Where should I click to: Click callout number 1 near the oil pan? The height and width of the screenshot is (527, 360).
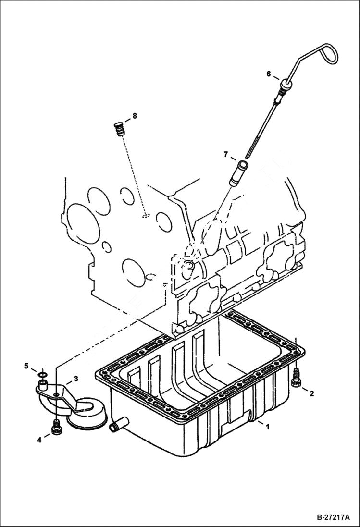268,426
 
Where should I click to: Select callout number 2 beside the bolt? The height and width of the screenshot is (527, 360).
311,394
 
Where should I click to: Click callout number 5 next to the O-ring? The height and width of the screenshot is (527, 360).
27,366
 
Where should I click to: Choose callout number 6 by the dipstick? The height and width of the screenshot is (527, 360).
269,74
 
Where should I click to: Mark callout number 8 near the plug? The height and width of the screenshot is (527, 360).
135,116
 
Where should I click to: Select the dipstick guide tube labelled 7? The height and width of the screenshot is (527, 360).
239,173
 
